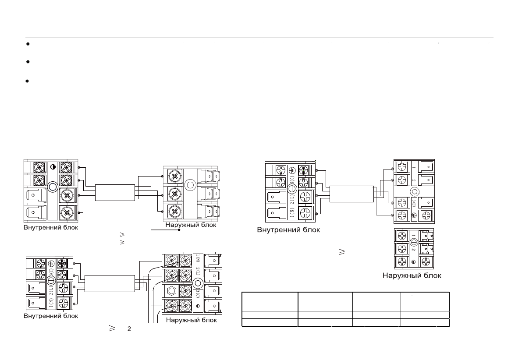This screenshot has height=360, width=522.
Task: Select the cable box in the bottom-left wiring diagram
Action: (109, 284)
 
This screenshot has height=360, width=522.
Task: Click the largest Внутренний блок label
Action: (288, 229)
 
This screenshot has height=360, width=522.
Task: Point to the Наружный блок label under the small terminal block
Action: (412, 275)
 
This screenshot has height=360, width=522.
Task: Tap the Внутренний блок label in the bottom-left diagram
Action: (51, 316)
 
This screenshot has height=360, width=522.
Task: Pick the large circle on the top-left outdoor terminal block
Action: (190, 185)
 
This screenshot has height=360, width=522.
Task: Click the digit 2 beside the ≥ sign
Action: (129, 328)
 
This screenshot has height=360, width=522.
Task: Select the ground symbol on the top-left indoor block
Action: (53, 167)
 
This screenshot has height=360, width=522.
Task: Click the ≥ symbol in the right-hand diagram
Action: (341, 252)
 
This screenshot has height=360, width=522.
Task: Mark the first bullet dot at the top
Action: (27, 44)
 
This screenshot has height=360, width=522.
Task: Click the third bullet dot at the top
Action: (27, 81)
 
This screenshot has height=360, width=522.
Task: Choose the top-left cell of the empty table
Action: (270, 301)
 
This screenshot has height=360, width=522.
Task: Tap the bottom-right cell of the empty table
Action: (425, 323)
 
